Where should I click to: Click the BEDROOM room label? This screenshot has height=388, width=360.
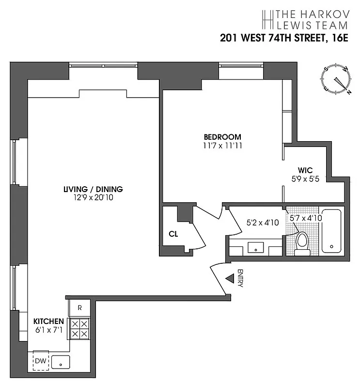click(x=222, y=137)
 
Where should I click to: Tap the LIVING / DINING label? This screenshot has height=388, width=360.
click(x=93, y=189)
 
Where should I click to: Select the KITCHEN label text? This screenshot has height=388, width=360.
click(x=48, y=321)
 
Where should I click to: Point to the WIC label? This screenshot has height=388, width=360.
click(x=305, y=170)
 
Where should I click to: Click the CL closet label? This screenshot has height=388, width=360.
click(x=173, y=234)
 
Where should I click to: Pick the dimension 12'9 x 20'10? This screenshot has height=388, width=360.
click(x=93, y=197)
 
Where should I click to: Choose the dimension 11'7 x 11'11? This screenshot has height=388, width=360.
click(x=222, y=145)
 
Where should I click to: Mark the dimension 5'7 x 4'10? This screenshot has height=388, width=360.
click(x=306, y=218)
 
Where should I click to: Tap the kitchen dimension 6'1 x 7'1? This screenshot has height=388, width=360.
click(x=48, y=330)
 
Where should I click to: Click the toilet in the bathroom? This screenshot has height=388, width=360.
click(x=302, y=242)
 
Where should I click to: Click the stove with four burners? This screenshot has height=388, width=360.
click(x=79, y=329)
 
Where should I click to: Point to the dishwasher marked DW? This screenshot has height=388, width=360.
click(x=40, y=360)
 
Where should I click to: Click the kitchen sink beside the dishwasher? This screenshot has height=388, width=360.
click(x=61, y=361)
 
